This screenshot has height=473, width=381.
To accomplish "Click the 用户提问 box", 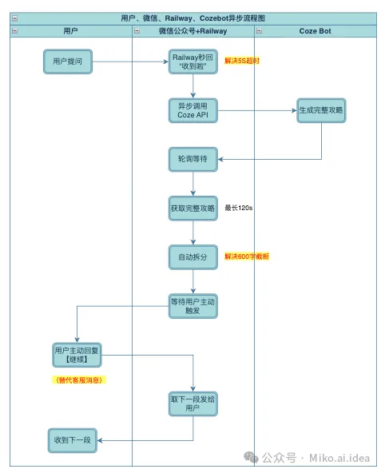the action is click(68, 62).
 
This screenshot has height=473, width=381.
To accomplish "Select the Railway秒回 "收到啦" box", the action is click(193, 62).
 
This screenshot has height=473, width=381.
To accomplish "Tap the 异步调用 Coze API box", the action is click(193, 110).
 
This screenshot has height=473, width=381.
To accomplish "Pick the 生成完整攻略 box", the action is click(321, 110).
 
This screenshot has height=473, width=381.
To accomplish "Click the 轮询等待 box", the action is click(193, 159).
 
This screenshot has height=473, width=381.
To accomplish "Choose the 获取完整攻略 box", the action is click(193, 209).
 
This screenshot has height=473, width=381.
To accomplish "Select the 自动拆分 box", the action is click(193, 257).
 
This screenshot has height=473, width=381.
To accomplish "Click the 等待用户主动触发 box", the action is click(193, 306).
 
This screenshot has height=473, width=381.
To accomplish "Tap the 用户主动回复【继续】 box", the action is click(77, 355).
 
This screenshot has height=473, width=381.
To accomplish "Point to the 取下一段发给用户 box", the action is click(193, 403).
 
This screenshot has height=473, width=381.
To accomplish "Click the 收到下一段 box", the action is click(73, 440).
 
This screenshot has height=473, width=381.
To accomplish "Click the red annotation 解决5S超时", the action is click(242, 61).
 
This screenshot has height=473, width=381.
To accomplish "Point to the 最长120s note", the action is click(239, 208).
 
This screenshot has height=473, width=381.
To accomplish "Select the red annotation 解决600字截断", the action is click(247, 256).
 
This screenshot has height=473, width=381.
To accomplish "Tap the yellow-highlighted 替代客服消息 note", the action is click(79, 380).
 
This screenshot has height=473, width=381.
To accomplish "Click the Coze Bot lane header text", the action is click(316, 31).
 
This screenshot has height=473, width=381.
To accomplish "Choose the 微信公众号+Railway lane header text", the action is click(193, 31).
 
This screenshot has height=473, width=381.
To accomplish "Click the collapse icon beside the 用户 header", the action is click(15, 31).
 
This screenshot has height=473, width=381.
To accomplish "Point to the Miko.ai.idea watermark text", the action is click(339, 458).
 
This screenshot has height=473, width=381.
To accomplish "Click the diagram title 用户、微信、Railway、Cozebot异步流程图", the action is click(193, 18).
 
